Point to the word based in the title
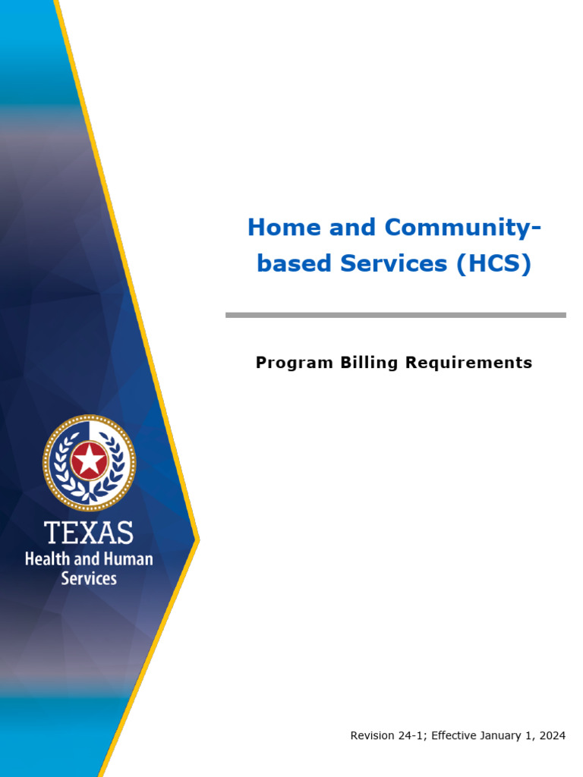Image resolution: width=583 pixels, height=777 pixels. click(294, 264)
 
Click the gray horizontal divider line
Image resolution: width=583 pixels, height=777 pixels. click(395, 314)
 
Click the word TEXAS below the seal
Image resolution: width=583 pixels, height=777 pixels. click(89, 533)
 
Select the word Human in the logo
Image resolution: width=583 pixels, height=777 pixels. click(124, 560)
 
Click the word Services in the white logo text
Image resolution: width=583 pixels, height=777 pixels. click(89, 578)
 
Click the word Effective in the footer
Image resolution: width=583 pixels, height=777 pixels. click(453, 735)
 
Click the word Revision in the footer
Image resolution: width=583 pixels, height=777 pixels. click(371, 735)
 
